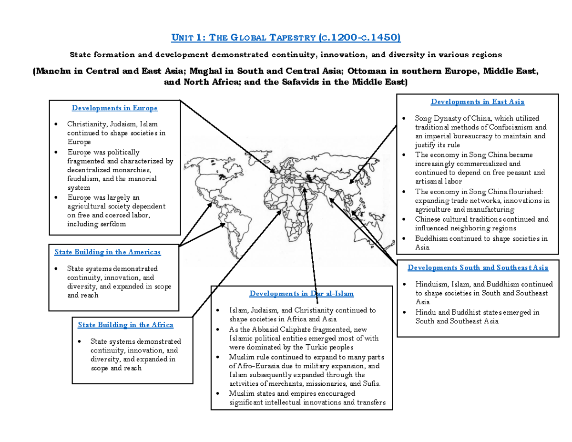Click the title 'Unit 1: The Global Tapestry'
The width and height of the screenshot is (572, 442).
(x=286, y=38)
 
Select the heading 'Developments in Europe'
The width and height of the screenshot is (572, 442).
(x=114, y=108)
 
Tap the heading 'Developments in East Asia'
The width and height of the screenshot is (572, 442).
(x=477, y=102)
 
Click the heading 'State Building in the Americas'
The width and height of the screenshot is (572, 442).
(x=107, y=252)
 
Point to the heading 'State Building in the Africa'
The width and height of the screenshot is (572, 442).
(x=125, y=325)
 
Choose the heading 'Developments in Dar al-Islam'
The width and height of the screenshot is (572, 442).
(x=301, y=293)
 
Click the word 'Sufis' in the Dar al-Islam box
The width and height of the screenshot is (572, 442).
(x=372, y=384)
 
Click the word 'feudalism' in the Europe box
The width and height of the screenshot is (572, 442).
(x=82, y=179)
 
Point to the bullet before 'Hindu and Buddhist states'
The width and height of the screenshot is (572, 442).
(x=404, y=313)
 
